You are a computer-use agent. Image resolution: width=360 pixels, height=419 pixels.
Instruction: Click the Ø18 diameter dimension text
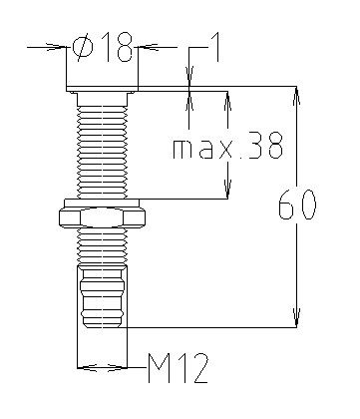pos(103,47)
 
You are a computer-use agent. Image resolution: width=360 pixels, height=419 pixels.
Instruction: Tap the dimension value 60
pos(297,205)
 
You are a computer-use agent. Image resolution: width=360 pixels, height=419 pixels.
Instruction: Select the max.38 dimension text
pos(227,146)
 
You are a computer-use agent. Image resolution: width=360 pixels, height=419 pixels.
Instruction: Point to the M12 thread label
pos(179,368)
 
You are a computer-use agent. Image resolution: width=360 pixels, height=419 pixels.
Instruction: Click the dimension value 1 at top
pos(215,47)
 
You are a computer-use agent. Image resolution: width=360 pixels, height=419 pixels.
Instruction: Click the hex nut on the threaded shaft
pos(103,217)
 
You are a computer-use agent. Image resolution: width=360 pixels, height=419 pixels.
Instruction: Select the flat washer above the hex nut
pos(103,203)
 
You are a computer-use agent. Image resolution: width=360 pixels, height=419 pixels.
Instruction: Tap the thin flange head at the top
pos(102,89)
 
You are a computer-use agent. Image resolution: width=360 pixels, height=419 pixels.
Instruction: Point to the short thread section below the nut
pos(103,246)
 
